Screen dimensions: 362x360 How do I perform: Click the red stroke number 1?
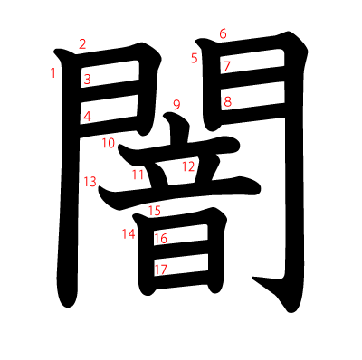click(53, 73)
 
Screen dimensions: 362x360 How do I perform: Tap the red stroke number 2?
click(82, 44)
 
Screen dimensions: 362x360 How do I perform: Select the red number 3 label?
click(87, 80)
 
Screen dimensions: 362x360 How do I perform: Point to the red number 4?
click(87, 117)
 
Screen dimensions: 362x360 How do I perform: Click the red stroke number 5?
click(194, 58)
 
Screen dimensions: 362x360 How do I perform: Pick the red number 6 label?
click(223, 33)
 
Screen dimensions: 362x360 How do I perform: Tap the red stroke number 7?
click(227, 66)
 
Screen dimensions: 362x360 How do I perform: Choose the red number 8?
click(227, 102)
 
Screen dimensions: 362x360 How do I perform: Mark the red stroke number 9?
click(176, 105)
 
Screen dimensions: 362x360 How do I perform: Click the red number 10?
click(109, 143)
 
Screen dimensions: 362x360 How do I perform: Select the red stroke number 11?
click(138, 175)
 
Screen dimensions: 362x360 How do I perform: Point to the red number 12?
click(188, 166)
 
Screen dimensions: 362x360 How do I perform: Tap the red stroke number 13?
click(90, 182)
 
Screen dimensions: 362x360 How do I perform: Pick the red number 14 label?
click(129, 234)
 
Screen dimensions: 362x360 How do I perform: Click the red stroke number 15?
click(155, 211)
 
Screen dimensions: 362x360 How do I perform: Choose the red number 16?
click(161, 239)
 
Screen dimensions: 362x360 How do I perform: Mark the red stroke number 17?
click(161, 270)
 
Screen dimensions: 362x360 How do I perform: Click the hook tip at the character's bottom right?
click(252, 278)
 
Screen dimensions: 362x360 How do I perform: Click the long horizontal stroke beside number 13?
click(178, 193)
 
